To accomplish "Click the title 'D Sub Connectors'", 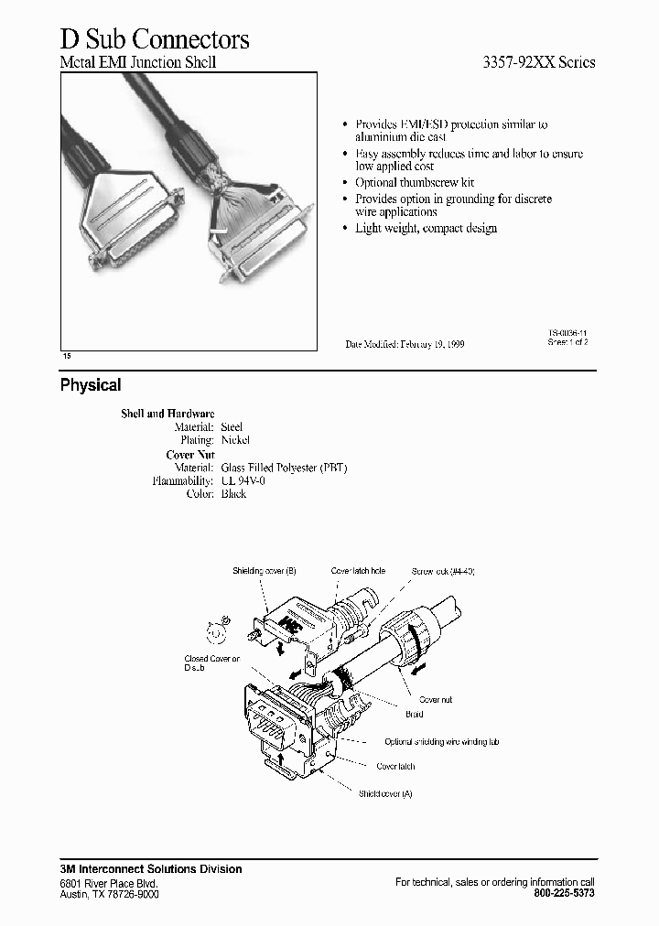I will pos(155,39).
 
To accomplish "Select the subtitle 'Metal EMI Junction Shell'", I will pos(138,63).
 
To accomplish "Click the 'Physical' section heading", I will pos(91,385).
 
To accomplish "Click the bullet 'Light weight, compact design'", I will pos(426,228).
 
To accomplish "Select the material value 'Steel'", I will pos(232,427).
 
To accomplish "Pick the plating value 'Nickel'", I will pos(235,440).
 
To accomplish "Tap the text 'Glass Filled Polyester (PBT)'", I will pos(285,468).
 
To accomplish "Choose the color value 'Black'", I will pos(234,494).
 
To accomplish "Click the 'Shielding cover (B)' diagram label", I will pos(265,571).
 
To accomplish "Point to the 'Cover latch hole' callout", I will pos(359,571).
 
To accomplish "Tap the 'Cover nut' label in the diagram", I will pos(435,700).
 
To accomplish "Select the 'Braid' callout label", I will pos(414,715).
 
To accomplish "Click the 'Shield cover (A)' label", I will pos(385,793).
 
